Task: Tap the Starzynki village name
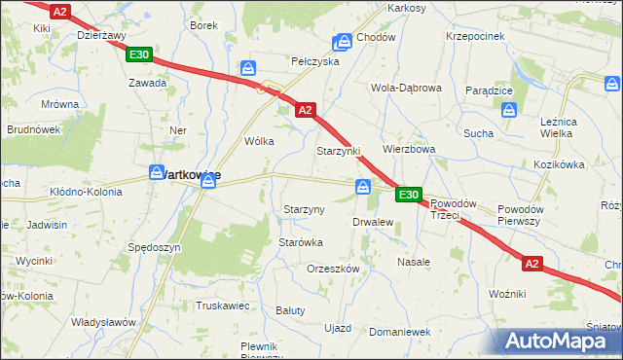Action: (338, 152)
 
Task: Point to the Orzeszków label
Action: (333, 269)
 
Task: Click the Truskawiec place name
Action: (223, 306)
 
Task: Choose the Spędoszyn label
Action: (154, 248)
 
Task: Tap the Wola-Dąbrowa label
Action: (406, 87)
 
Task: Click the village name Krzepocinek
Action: (474, 35)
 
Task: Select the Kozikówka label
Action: (558, 165)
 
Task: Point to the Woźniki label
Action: (507, 293)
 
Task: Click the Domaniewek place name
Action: (400, 332)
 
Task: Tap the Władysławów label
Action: (102, 322)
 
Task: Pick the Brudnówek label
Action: (34, 128)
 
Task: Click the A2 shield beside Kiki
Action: (60, 12)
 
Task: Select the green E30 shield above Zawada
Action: (138, 55)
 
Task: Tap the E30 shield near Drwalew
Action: (409, 196)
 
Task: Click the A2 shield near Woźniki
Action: (531, 263)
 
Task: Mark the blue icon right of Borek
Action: (248, 68)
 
